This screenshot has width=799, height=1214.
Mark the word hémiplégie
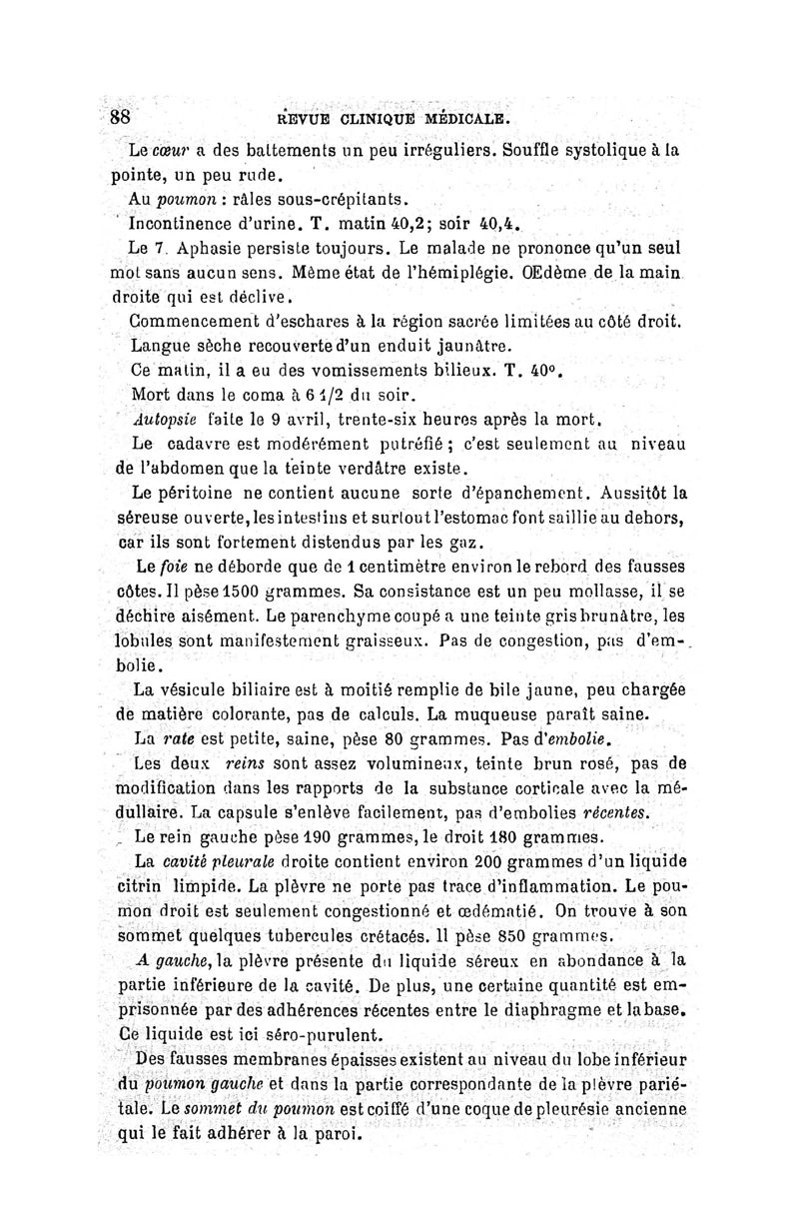coord(519,271)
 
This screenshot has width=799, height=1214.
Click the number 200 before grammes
coord(464,860)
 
